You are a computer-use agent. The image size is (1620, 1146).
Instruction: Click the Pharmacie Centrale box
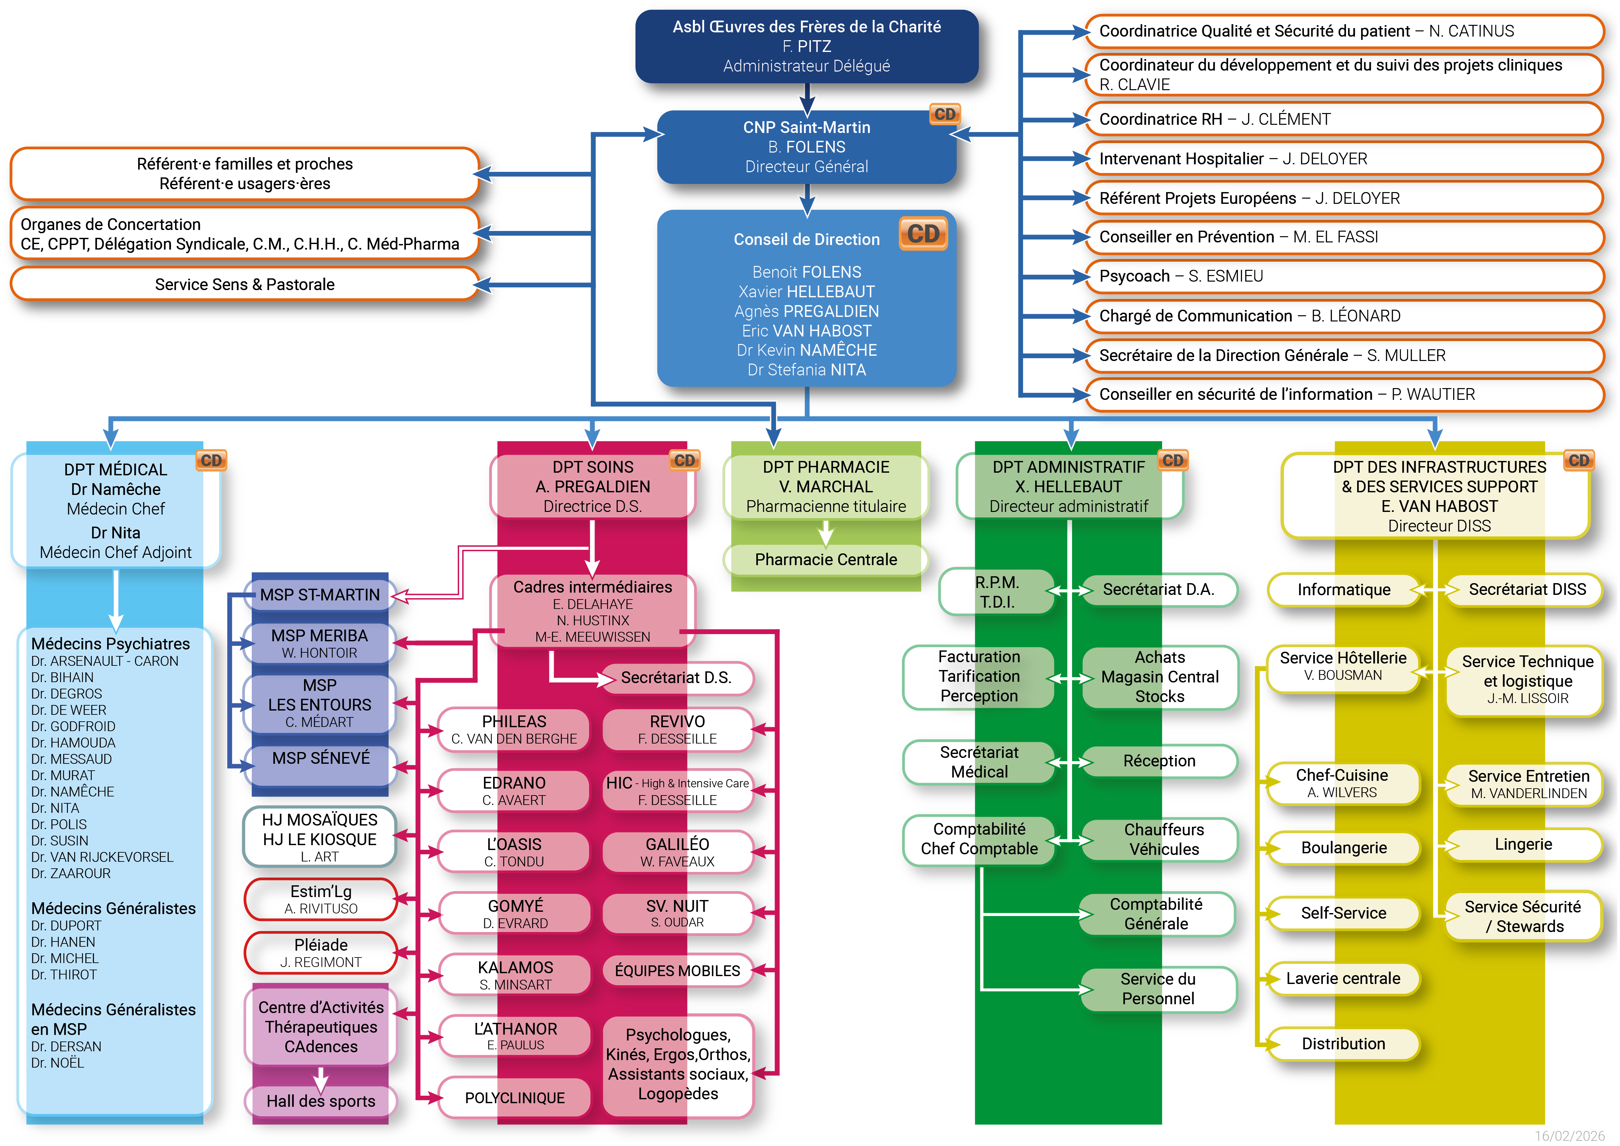tap(826, 560)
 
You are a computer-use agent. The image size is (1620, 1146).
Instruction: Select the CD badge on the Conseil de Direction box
tap(923, 234)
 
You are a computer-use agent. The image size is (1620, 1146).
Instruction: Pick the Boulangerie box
tap(1343, 847)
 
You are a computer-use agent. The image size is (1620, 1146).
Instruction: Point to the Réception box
tap(1159, 761)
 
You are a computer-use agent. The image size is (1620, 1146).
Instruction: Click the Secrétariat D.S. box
tap(676, 678)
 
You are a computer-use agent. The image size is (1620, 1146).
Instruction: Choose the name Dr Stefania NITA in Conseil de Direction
tap(807, 370)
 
